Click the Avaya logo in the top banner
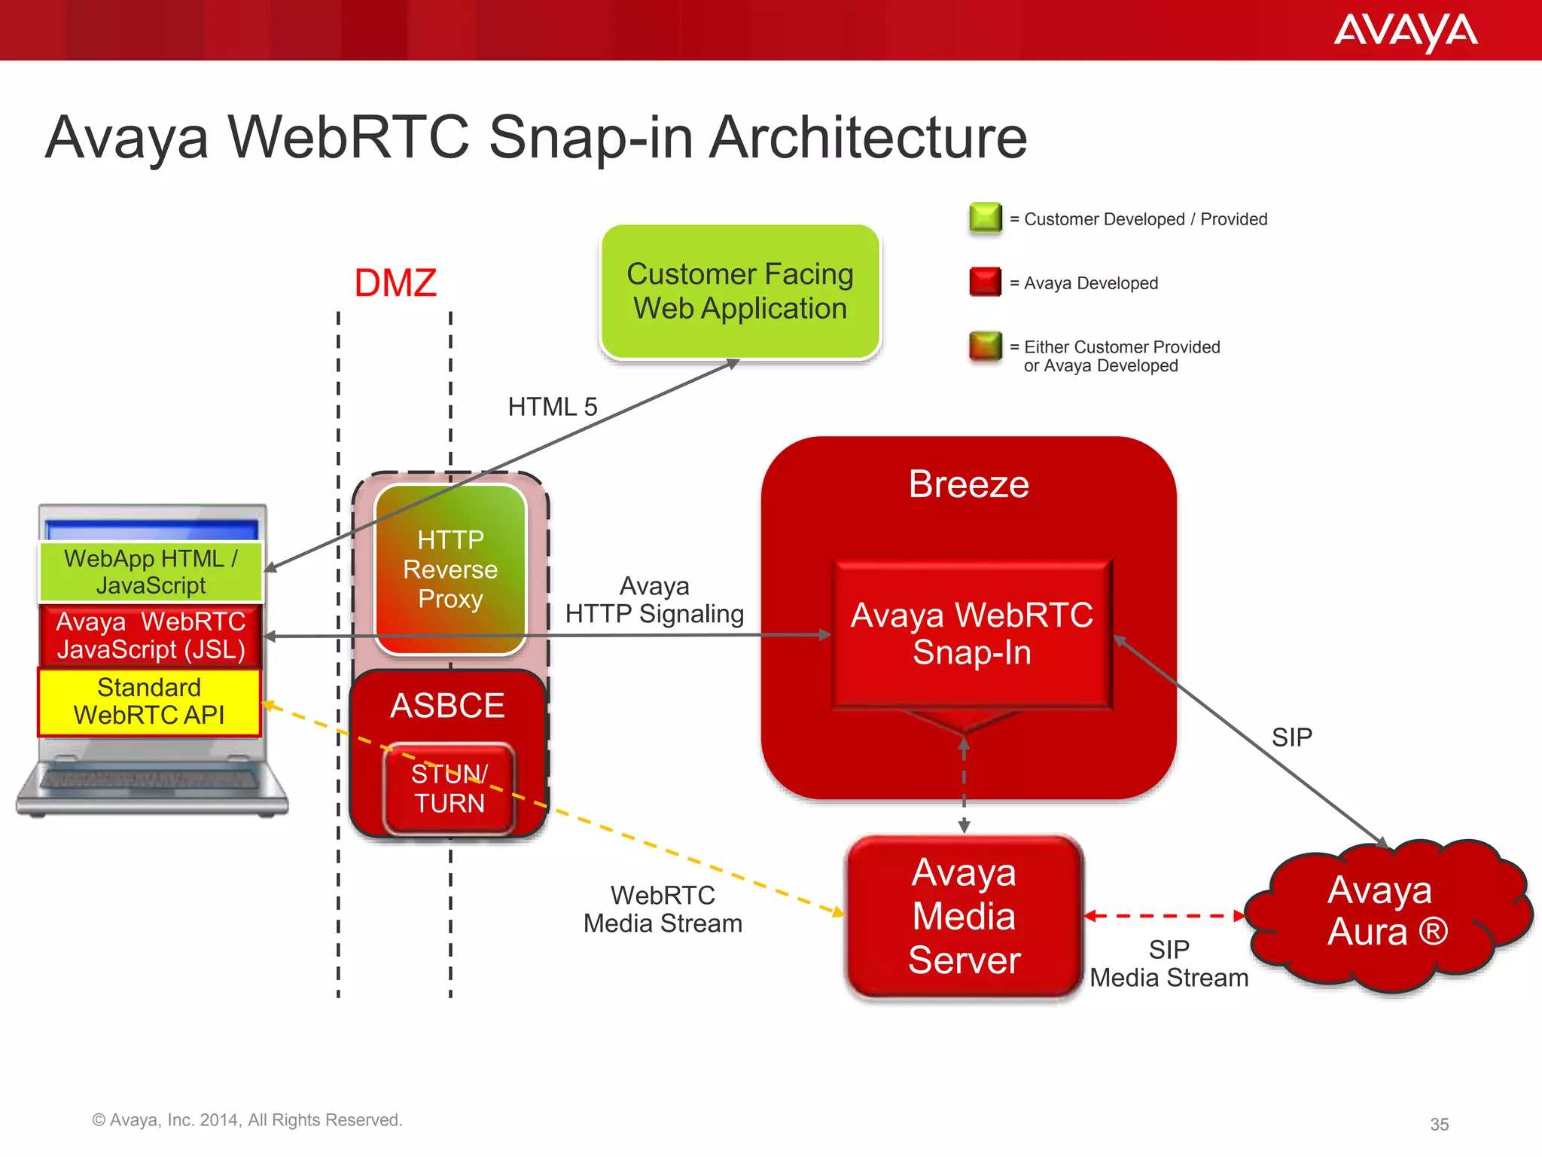tap(1406, 32)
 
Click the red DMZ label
tap(395, 283)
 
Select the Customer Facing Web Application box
tap(740, 292)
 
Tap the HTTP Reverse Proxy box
tap(450, 569)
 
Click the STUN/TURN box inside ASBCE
tap(449, 789)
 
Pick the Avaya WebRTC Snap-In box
tap(972, 633)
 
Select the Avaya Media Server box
tap(965, 917)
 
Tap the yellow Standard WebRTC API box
tap(149, 701)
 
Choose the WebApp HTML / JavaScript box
tap(151, 572)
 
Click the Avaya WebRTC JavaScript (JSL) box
tap(151, 636)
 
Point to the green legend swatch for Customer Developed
tap(986, 218)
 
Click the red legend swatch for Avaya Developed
tap(986, 282)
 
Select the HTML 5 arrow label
tap(553, 407)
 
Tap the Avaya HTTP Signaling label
tap(654, 600)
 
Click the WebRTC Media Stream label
tap(663, 909)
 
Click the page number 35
tap(1440, 1125)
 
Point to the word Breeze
tap(968, 484)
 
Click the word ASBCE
tap(447, 706)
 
